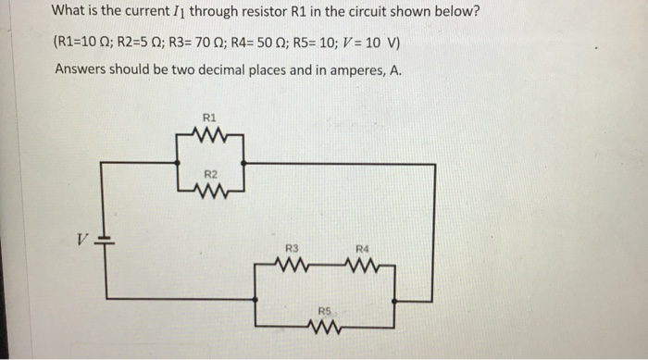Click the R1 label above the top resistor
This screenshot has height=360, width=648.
coord(208,118)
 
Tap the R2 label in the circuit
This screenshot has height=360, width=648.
coord(209,174)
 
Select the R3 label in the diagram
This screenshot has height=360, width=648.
coord(292,247)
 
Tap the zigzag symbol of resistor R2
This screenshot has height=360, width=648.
coord(210,192)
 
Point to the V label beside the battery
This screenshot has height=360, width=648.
coord(82,239)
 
